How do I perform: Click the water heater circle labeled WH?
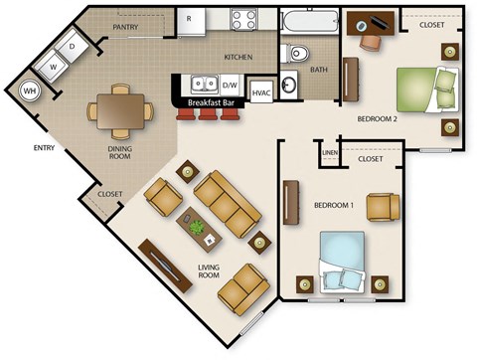[30, 90]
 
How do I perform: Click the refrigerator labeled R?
[189, 19]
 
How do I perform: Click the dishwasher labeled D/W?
[231, 85]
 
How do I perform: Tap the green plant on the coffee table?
[197, 228]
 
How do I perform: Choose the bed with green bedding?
[421, 89]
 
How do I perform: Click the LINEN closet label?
[330, 151]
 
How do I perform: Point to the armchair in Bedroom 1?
[383, 207]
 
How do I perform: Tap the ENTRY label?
[43, 149]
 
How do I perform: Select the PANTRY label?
[125, 28]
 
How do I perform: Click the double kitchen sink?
[205, 84]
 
